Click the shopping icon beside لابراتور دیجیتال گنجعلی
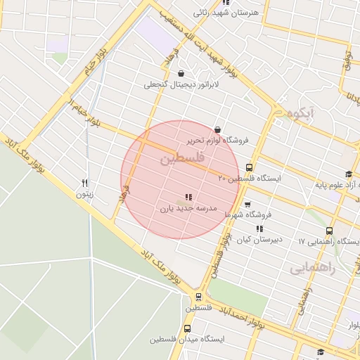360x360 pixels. (x=181, y=73)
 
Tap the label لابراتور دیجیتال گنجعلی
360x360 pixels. (x=182, y=84)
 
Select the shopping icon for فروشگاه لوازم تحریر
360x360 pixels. (x=217, y=129)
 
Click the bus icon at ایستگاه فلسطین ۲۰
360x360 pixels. (x=250, y=167)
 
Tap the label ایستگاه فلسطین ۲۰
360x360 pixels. (x=249, y=179)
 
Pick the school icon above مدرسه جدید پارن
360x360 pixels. (x=188, y=197)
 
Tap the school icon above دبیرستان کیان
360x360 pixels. (x=259, y=229)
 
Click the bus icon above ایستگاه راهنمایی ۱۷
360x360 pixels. (x=329, y=231)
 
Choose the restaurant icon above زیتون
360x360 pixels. (x=85, y=182)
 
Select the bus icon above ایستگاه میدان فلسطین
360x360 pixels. (x=187, y=328)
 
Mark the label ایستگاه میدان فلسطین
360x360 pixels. (x=186, y=339)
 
